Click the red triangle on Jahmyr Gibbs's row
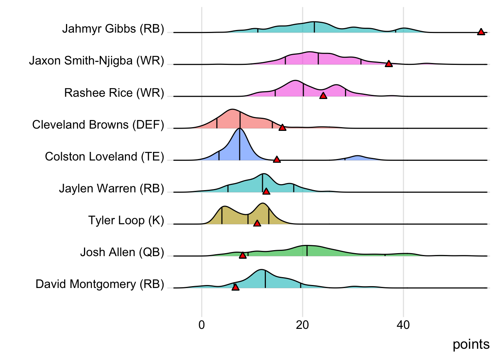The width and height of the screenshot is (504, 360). point(481,32)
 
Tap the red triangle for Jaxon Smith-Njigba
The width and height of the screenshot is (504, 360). point(389,64)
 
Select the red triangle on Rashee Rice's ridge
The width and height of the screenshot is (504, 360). point(323,96)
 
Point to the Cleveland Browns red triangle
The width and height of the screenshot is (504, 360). point(282,127)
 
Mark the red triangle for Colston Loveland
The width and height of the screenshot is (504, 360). point(277,159)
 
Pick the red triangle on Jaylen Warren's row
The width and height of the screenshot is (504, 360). point(266,191)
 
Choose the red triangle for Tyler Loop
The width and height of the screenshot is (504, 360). point(257,223)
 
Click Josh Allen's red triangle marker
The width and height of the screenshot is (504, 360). point(243,255)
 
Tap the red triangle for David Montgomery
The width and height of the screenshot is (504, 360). point(235,287)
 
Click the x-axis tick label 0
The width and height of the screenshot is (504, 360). point(202,325)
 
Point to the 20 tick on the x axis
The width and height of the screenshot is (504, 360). point(302,325)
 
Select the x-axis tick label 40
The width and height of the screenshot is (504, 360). point(403,325)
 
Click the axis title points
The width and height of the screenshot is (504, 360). point(471,344)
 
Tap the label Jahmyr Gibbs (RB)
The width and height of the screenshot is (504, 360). point(113,28)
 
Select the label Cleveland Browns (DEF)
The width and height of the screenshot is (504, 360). point(98,124)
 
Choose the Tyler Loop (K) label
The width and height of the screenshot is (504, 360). point(126,220)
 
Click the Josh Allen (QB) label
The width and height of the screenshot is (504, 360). point(122,252)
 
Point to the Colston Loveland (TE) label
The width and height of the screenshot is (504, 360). point(104,156)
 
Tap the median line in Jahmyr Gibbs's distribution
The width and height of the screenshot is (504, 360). point(314,27)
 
